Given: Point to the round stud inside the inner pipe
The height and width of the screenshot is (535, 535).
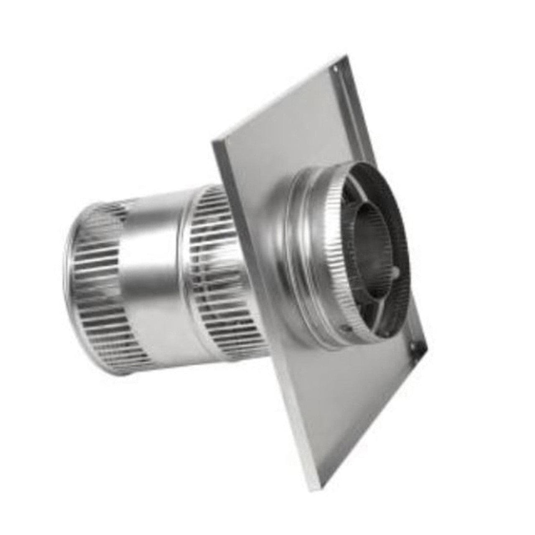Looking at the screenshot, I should coord(395,274).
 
